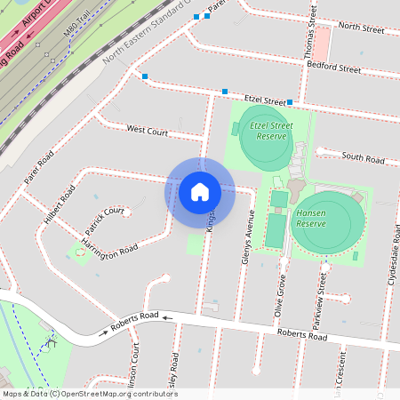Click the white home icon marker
point(200,192)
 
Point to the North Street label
point(361,29)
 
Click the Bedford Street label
point(334,67)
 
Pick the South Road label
point(363,157)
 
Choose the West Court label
point(147,131)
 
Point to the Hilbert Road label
point(60,204)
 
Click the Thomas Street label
point(312,27)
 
